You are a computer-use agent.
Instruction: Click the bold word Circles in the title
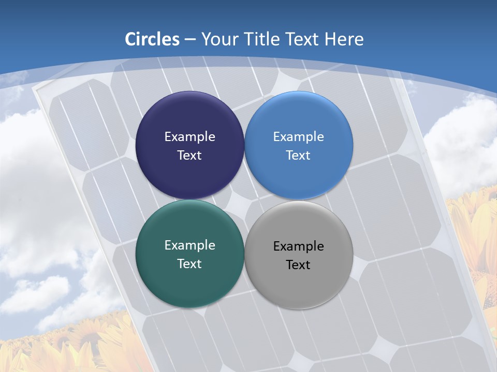click(x=152, y=39)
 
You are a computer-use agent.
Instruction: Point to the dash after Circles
click(x=190, y=40)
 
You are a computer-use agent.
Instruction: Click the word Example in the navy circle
click(x=189, y=137)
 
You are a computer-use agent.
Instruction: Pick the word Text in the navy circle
click(x=189, y=156)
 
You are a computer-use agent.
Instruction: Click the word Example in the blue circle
click(x=298, y=137)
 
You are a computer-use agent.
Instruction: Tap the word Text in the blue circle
click(x=298, y=156)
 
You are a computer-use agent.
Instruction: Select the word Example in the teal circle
click(x=189, y=245)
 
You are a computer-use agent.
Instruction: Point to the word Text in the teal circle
click(x=189, y=264)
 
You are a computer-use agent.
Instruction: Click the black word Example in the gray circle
click(x=298, y=246)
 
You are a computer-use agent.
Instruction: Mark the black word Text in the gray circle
click(x=298, y=265)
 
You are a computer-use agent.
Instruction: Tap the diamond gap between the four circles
click(x=244, y=199)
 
